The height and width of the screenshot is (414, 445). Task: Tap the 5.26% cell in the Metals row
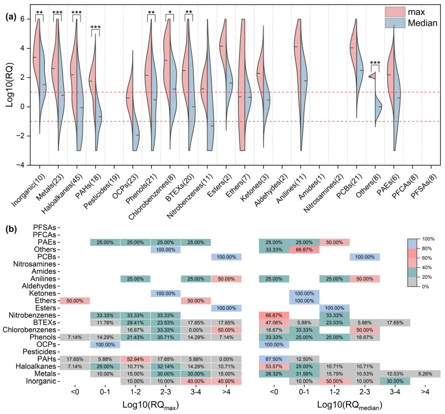tap(425, 373)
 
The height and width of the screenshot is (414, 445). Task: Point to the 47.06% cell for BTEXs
tap(274, 323)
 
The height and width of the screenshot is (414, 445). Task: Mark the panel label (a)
tap(11, 17)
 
